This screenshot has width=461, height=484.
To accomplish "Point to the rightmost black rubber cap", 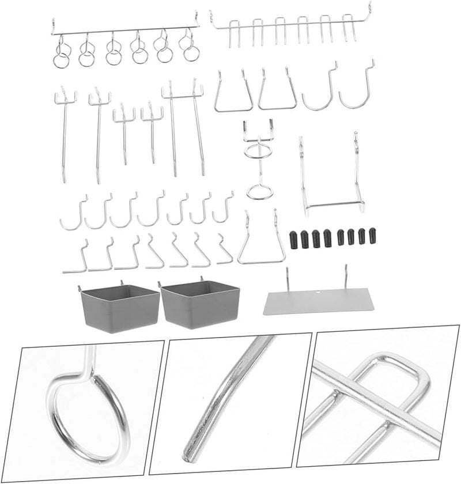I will point(372,237).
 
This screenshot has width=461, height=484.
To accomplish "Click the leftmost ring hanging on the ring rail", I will point(62,56).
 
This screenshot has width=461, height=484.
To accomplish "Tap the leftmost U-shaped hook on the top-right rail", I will point(234,32).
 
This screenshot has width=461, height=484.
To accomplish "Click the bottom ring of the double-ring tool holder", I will point(259,191).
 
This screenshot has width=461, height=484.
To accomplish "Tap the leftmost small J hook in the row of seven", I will point(73,215).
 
